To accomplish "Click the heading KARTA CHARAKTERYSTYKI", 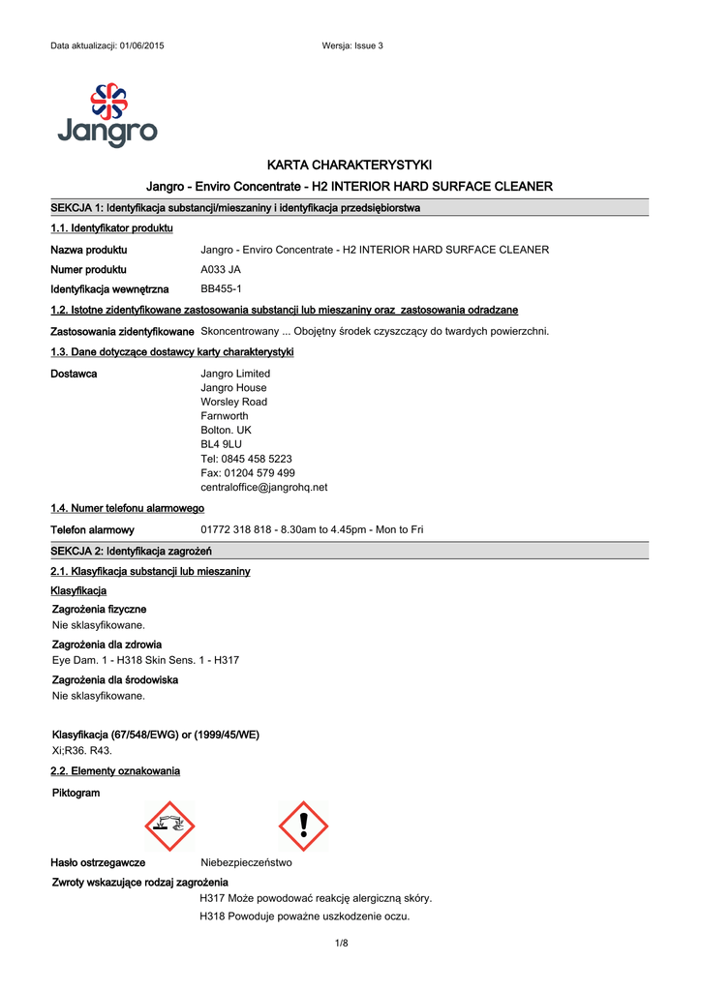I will [x=350, y=165].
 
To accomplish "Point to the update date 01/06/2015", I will [x=141, y=46].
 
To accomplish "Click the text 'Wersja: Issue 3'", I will [x=352, y=46].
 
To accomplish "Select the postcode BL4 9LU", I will [x=221, y=444].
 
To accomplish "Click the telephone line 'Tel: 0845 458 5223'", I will [x=246, y=459].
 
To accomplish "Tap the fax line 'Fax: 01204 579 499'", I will [x=248, y=473].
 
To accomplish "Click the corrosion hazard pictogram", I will [x=169, y=826].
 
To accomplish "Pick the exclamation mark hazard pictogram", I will [x=303, y=826].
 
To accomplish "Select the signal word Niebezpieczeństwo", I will [x=246, y=862].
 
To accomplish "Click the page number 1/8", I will [x=341, y=944].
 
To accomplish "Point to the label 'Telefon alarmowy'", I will [x=92, y=530].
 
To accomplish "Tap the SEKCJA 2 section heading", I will [x=131, y=551].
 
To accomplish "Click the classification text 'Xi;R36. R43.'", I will [x=81, y=750].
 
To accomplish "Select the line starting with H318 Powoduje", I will [x=304, y=916].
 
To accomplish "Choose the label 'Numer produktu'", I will [x=88, y=270].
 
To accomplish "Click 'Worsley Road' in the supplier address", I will [x=233, y=402].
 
